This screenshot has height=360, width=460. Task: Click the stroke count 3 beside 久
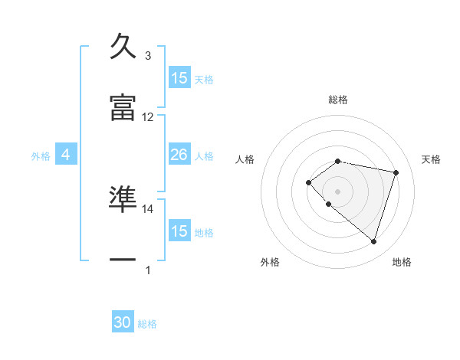coord(148,56)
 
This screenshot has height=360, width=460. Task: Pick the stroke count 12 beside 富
coord(148,117)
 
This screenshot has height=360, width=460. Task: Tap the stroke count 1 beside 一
coord(148,270)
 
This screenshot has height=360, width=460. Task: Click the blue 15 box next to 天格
coord(179,78)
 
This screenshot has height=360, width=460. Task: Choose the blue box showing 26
coord(179,155)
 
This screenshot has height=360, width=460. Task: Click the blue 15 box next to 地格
coord(179,231)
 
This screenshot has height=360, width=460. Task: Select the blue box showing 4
coord(66,155)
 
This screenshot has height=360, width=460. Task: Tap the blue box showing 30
coord(123,322)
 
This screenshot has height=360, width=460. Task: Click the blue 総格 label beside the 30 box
coord(148,324)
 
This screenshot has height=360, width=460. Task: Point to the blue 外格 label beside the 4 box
coord(41,155)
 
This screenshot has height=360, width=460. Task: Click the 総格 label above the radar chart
coord(338,100)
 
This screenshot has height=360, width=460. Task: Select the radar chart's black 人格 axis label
coord(245,159)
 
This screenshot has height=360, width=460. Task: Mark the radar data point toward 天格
coord(396,172)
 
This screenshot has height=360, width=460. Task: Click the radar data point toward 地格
coord(373,241)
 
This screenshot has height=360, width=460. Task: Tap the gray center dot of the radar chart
coord(338,190)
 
